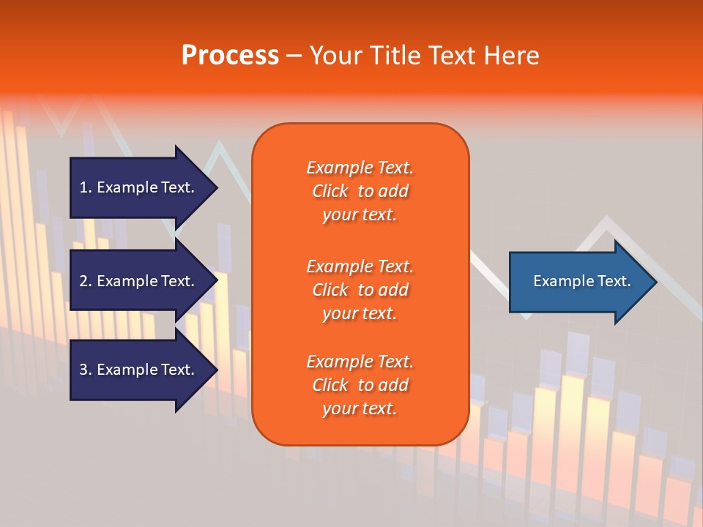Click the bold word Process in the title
tap(230, 56)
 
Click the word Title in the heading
tap(395, 56)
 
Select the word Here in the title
tap(512, 56)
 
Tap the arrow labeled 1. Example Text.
tap(139, 187)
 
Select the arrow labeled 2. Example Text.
tap(139, 281)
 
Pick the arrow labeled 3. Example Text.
tap(139, 370)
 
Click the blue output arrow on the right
tap(579, 282)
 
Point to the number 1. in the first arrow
tap(86, 187)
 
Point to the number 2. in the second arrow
tap(86, 281)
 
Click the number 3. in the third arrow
tap(86, 370)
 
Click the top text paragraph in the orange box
tap(360, 191)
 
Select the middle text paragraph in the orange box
tap(360, 290)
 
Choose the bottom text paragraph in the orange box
tap(360, 385)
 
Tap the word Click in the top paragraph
tap(330, 191)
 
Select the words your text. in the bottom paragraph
tap(360, 408)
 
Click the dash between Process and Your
tap(294, 56)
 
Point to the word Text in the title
tap(450, 56)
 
